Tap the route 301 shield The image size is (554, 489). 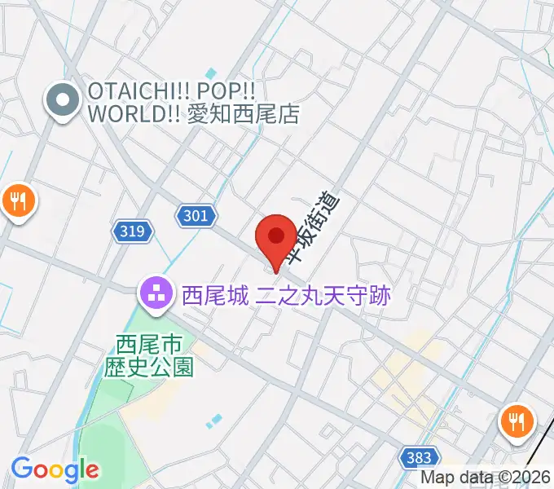(x=196, y=215)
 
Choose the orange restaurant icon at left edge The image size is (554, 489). (x=18, y=200)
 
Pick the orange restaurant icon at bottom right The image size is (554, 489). (x=516, y=422)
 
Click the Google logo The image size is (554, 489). (x=55, y=469)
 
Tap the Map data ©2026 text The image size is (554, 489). (x=486, y=478)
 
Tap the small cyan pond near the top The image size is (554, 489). (x=211, y=75)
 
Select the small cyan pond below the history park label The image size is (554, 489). (x=213, y=421)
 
